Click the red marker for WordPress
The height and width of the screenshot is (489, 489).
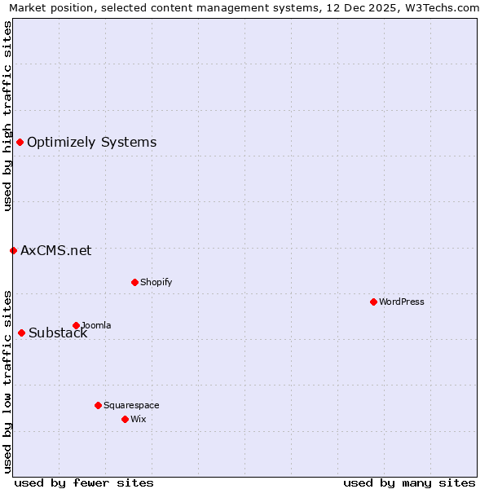pos(373,302)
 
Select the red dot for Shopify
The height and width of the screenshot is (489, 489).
pos(134,282)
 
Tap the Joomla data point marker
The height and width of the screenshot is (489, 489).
pos(76,325)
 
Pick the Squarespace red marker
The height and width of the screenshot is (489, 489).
pos(98,405)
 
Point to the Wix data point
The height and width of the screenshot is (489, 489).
pos(125,419)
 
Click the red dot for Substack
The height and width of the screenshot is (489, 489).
pos(21,333)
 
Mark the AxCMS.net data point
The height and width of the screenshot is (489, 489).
pos(13,250)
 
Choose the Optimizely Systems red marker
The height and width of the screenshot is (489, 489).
pos(20,142)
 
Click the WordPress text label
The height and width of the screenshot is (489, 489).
pos(402,302)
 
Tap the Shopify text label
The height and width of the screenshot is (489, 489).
pos(156,282)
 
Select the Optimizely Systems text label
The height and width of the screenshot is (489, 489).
pos(91,142)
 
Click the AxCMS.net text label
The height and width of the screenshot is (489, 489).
pos(55,250)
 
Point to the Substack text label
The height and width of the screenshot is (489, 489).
pos(58,333)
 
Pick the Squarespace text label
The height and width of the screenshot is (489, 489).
pos(131,405)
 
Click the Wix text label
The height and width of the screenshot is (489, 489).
pos(139,419)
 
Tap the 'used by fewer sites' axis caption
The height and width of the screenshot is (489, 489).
pos(84,482)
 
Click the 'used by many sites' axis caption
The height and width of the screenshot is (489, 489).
pos(409,482)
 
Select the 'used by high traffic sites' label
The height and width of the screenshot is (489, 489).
pos(7,116)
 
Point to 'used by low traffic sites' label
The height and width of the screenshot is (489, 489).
pos(7,381)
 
